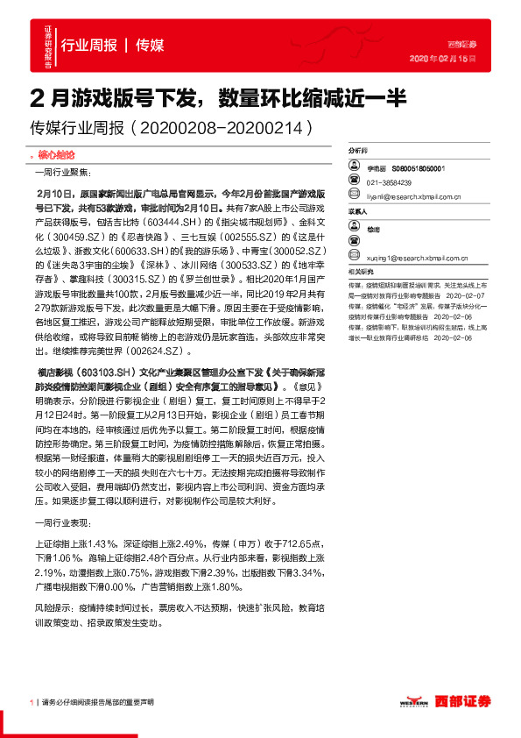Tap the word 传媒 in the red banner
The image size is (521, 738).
pyautogui.click(x=150, y=45)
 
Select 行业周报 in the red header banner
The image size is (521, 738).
pyautogui.click(x=88, y=45)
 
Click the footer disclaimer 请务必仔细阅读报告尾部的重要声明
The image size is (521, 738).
pyautogui.click(x=98, y=703)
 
